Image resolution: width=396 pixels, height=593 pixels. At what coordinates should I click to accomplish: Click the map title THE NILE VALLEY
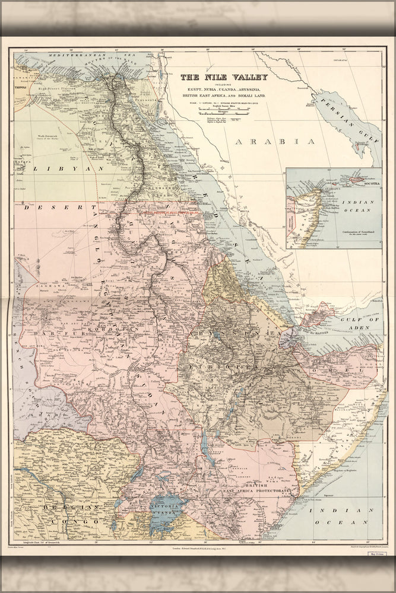pyautogui.click(x=224, y=76)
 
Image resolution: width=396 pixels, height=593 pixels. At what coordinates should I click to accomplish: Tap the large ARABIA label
pyautogui.click(x=274, y=141)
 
